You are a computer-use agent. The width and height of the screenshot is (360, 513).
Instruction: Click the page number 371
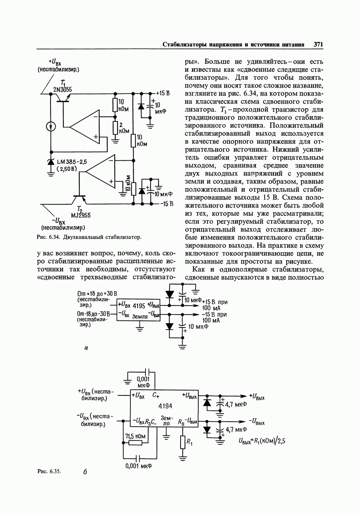pos(318,45)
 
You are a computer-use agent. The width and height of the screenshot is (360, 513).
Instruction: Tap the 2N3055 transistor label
pos(63,90)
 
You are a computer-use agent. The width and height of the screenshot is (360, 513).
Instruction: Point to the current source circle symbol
pos(51,126)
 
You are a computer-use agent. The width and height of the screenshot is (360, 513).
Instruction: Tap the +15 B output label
pos(162,94)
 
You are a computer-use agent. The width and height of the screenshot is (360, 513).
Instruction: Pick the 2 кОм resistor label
pos(124,127)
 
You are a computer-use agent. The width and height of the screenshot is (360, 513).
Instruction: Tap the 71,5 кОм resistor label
pos(135,436)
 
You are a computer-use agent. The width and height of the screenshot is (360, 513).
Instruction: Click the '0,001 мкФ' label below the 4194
pos(138,466)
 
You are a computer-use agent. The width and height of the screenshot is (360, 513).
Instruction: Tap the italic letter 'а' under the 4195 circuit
pos(86,348)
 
